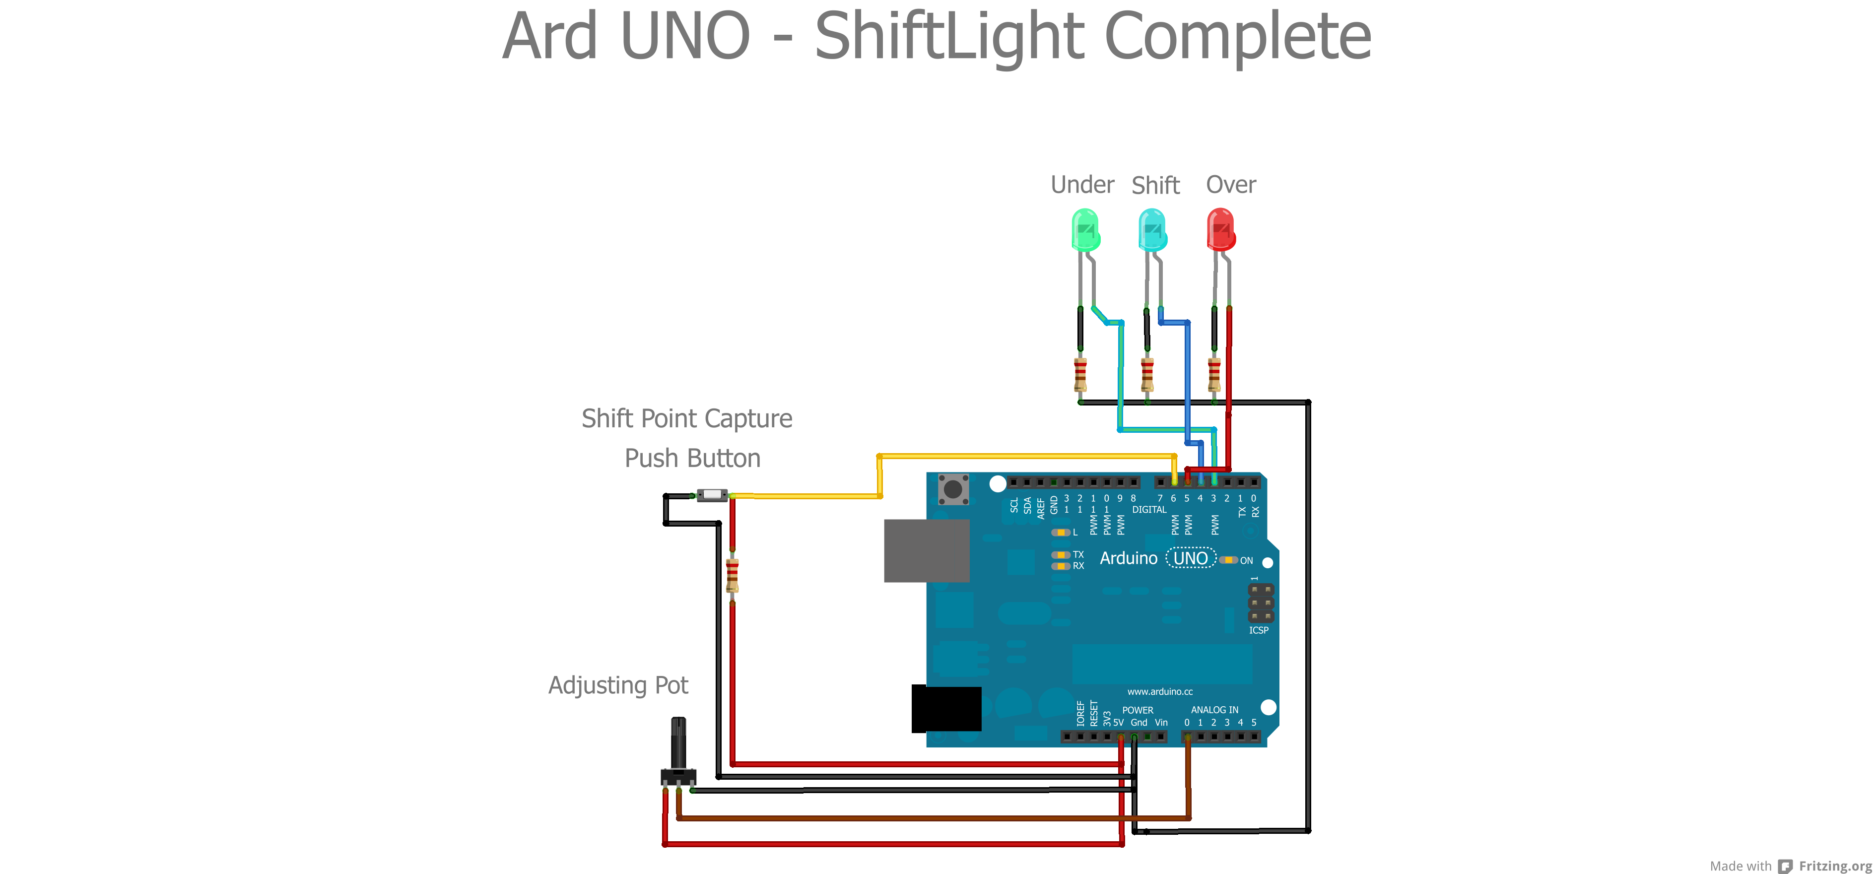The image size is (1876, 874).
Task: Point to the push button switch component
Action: point(712,495)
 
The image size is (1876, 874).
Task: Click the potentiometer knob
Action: point(678,743)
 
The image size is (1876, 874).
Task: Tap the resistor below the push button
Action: point(732,575)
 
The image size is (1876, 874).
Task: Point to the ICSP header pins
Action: point(1261,603)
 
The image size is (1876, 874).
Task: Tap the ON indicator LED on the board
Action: point(1228,560)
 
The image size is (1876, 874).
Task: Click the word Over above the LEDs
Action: point(1231,185)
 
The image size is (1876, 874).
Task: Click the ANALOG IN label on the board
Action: point(1214,709)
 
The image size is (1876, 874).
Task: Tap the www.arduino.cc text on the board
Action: point(1159,691)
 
